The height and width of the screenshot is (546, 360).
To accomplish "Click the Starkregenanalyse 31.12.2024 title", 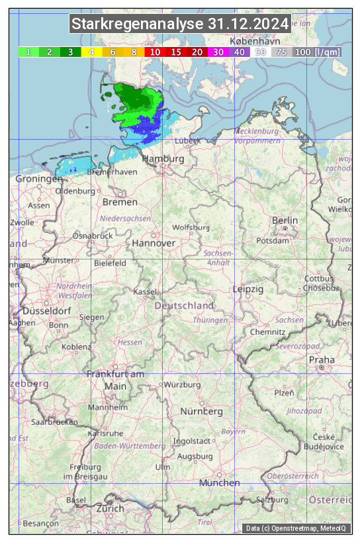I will [180, 24].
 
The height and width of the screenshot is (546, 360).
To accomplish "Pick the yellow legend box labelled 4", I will [92, 52].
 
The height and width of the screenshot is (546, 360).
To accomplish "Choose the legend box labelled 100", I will [302, 52].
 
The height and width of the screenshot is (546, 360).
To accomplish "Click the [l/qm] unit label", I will [328, 52].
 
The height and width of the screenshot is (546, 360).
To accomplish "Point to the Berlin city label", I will [285, 220].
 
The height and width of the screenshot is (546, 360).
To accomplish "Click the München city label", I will [219, 483].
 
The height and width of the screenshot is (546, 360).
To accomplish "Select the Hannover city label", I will [154, 243].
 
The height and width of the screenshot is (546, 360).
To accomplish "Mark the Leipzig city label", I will [248, 289].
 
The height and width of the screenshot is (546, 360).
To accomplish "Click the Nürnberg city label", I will [202, 412].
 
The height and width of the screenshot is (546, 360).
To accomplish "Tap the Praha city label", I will [322, 359].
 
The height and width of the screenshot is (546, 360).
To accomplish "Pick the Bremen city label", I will [120, 202].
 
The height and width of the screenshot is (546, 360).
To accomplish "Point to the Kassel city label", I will [144, 292].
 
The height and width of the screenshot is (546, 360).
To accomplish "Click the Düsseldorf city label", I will [47, 310].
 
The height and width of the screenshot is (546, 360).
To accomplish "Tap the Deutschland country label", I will [184, 306].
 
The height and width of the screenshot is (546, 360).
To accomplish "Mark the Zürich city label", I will [110, 508].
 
